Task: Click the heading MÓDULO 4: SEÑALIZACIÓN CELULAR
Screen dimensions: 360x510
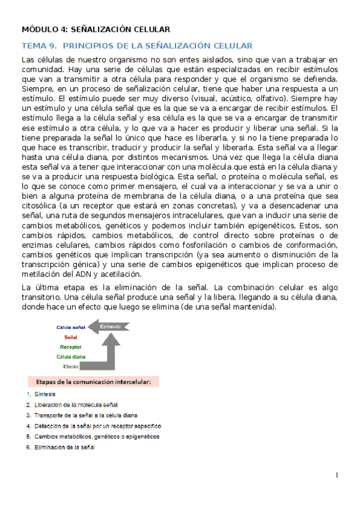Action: pyautogui.click(x=96, y=28)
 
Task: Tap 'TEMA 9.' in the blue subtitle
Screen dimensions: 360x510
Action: pyautogui.click(x=38, y=46)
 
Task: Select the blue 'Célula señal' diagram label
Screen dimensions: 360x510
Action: pyautogui.click(x=72, y=328)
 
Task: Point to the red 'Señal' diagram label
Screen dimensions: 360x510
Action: pyautogui.click(x=71, y=337)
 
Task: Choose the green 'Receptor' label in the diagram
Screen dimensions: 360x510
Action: pyautogui.click(x=71, y=347)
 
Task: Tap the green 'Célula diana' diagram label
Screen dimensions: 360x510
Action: pyautogui.click(x=71, y=357)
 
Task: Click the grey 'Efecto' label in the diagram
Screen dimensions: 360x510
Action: pyautogui.click(x=72, y=366)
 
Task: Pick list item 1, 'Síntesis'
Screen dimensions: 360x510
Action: pyautogui.click(x=45, y=394)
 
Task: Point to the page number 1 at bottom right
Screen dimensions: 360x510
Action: pyautogui.click(x=337, y=475)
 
